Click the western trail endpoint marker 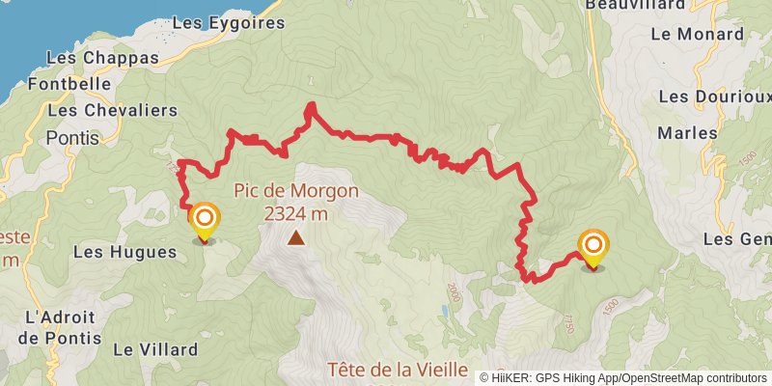pyautogui.click(x=204, y=221)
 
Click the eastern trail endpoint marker pyautogui.click(x=593, y=247)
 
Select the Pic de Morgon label pyautogui.click(x=295, y=190)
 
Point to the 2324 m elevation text pyautogui.click(x=295, y=213)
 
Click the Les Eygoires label pyautogui.click(x=228, y=21)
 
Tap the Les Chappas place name pyautogui.click(x=102, y=58)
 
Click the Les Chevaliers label pyautogui.click(x=112, y=110)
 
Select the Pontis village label pyautogui.click(x=72, y=137)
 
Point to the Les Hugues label pyautogui.click(x=125, y=253)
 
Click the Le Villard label pyautogui.click(x=155, y=349)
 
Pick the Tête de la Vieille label pyautogui.click(x=398, y=370)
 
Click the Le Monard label pyautogui.click(x=698, y=34)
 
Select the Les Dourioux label pyautogui.click(x=715, y=96)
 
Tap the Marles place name pyautogui.click(x=683, y=132)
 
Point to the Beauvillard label pyautogui.click(x=634, y=5)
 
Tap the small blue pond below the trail pyautogui.click(x=444, y=313)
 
